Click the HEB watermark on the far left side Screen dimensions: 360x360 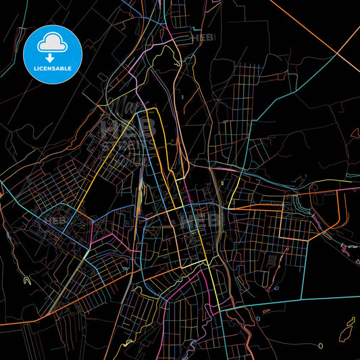pyautogui.click(x=53, y=220)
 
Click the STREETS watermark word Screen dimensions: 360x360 pyautogui.click(x=126, y=144)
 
